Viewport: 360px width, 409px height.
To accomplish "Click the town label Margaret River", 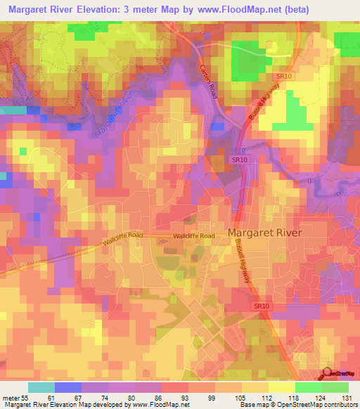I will (265, 233).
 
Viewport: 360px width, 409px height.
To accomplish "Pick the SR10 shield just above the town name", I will (240, 160).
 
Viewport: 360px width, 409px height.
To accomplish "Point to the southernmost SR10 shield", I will (262, 306).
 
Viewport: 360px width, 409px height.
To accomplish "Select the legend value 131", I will (347, 397).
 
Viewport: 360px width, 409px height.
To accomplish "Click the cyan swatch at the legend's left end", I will (41, 387).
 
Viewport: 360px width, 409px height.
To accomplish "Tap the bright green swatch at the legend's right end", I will (335, 387).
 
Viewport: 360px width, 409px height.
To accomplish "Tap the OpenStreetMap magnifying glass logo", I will (327, 372).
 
